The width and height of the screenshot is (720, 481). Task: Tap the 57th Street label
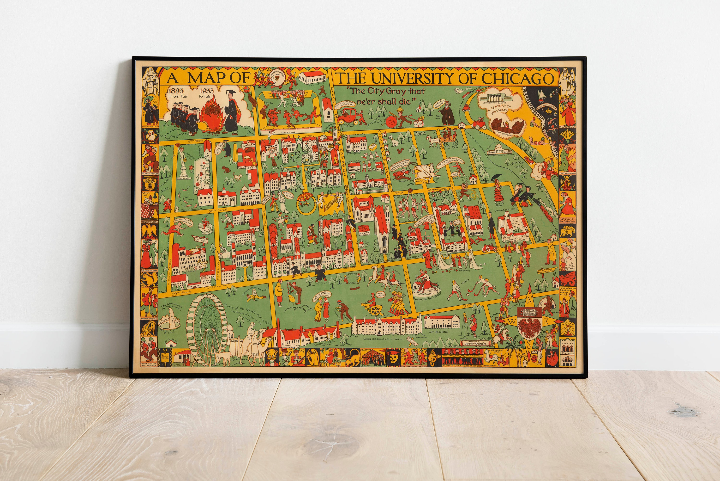195,141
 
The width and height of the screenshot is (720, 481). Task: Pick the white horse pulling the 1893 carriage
433,142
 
